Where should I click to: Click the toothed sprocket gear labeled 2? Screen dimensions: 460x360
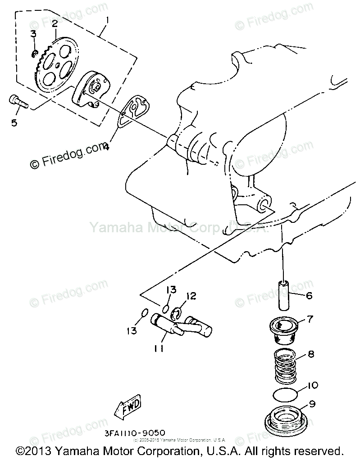point(56,65)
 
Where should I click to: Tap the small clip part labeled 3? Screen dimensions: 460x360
point(34,54)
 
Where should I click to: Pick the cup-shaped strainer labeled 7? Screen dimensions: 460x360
point(283,331)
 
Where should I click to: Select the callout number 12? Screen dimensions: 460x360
point(191,296)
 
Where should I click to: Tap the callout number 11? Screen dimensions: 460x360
point(158,348)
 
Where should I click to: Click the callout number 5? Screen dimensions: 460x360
point(14,122)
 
